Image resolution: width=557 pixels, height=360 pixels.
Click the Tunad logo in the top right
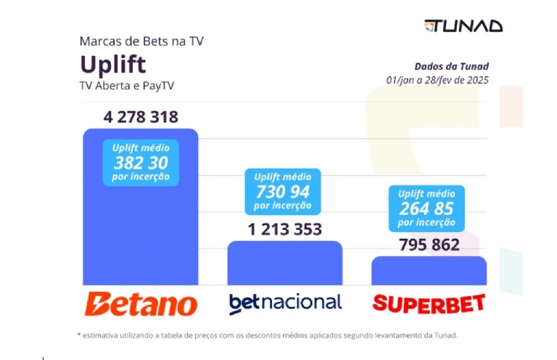[x=463, y=25]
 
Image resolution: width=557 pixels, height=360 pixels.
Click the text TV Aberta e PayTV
[x=127, y=86]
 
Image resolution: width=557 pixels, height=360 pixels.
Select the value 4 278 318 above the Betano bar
[x=141, y=117]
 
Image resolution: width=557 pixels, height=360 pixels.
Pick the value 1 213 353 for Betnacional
[x=285, y=229]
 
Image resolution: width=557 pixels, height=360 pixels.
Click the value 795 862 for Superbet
[x=429, y=245]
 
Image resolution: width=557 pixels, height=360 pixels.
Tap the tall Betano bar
[x=141, y=232]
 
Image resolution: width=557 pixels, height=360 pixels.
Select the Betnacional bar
[x=285, y=264]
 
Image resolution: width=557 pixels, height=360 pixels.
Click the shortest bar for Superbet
[x=429, y=271]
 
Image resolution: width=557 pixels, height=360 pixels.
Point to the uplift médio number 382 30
[x=141, y=163]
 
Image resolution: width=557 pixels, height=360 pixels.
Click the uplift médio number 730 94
[x=282, y=192]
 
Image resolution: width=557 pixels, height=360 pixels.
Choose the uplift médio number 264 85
[x=426, y=208]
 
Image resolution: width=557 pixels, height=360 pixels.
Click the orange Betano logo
[x=141, y=303]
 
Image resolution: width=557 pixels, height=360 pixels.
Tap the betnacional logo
[x=285, y=303]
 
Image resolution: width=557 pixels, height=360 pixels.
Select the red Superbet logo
[x=429, y=303]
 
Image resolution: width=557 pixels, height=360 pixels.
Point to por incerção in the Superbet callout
[x=426, y=222]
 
